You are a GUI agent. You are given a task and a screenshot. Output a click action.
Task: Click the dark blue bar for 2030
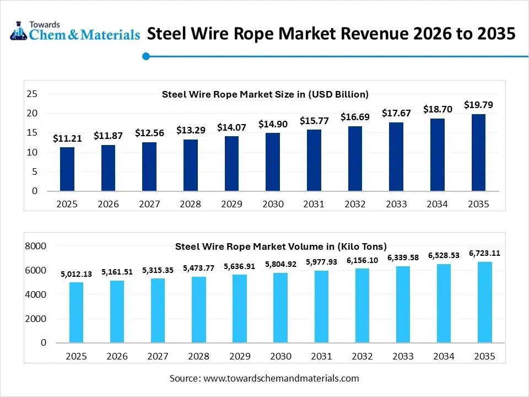point(273,162)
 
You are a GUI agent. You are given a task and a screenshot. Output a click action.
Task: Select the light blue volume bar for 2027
point(158,310)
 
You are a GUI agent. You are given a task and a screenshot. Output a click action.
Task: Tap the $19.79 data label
point(478,104)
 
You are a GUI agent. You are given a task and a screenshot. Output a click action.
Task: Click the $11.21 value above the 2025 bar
point(67,138)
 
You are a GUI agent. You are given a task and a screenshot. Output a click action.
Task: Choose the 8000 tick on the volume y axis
point(36,246)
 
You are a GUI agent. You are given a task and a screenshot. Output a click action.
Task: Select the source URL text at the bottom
point(264,378)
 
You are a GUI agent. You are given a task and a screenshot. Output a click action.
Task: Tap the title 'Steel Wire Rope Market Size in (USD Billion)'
point(265,94)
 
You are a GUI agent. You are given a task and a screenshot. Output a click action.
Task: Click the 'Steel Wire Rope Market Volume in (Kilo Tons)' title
point(281,246)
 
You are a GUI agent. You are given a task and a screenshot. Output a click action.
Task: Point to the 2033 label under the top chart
point(396,204)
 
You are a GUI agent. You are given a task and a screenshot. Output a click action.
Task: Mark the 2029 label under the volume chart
point(240,357)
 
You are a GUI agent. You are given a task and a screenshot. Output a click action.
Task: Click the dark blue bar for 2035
point(478,152)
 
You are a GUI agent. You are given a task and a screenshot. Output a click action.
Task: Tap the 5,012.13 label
point(77,274)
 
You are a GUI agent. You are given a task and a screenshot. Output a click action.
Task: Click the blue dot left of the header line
point(146,56)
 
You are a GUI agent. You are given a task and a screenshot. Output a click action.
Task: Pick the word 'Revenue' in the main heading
point(360,34)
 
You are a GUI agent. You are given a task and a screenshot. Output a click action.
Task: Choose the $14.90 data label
point(273,124)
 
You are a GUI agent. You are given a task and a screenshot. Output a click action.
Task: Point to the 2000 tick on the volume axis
point(36,319)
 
